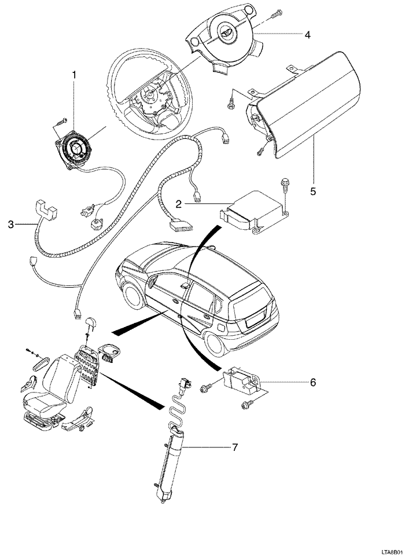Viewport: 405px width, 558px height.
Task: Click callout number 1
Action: (x=74, y=74)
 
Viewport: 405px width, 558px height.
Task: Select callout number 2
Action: (x=179, y=203)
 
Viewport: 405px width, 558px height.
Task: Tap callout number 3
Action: (x=10, y=223)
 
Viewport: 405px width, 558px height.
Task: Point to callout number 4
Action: (x=307, y=35)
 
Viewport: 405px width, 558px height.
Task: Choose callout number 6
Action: (x=312, y=382)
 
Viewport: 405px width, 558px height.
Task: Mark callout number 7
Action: (x=235, y=447)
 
